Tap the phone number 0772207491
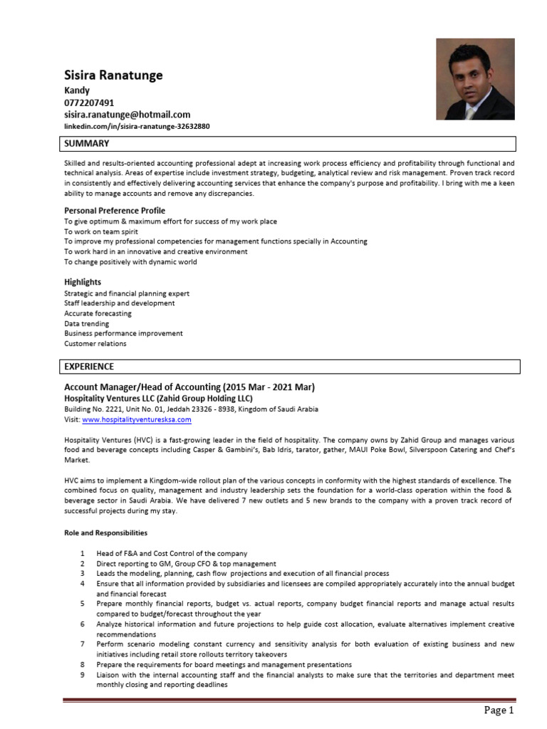click(x=89, y=103)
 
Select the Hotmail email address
click(x=127, y=114)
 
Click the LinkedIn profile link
click(x=137, y=125)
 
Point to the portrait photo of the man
click(x=474, y=79)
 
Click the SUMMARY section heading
click(x=87, y=144)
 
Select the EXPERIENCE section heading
click(x=89, y=367)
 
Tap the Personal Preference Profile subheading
click(x=115, y=211)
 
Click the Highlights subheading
click(x=83, y=282)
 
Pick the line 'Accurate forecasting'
click(x=98, y=313)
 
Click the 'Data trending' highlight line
click(x=87, y=323)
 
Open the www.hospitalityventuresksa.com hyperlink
click(x=137, y=420)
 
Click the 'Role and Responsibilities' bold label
click(x=106, y=532)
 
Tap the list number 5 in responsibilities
click(x=83, y=604)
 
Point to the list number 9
click(x=83, y=674)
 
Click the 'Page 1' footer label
click(x=499, y=710)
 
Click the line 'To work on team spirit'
click(x=101, y=231)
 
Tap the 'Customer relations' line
click(x=95, y=343)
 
